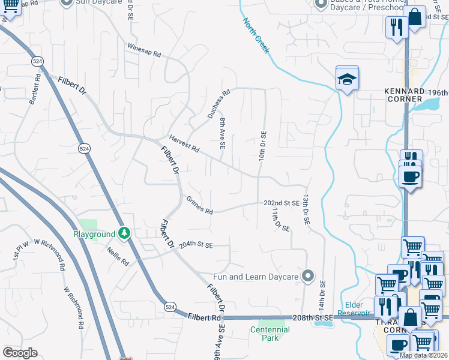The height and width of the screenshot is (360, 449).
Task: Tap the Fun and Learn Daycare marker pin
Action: (308, 276)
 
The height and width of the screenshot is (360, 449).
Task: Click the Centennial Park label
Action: (270, 334)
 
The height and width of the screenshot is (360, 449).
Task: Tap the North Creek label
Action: (256, 35)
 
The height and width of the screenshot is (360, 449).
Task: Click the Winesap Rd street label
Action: (144, 50)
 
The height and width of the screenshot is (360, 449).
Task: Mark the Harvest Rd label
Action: (184, 143)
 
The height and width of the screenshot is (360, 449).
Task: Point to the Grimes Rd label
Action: (199, 207)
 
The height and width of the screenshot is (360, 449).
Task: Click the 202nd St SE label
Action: (282, 203)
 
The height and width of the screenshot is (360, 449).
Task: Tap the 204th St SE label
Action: (195, 245)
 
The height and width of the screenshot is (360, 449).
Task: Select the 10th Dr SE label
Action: (262, 146)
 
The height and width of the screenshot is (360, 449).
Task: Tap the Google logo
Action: (20, 353)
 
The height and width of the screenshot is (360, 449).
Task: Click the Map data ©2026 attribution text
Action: (423, 355)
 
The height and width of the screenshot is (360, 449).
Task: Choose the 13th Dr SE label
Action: (306, 209)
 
